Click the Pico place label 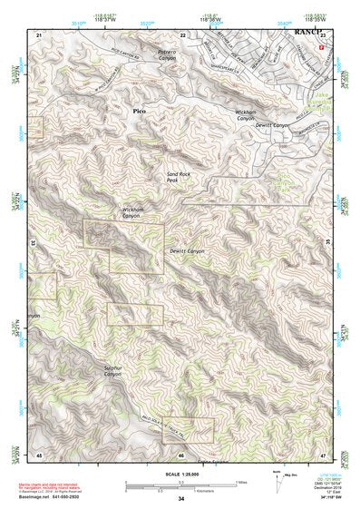tap(139, 111)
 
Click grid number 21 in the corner tap(39, 34)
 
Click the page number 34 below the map tap(181, 499)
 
